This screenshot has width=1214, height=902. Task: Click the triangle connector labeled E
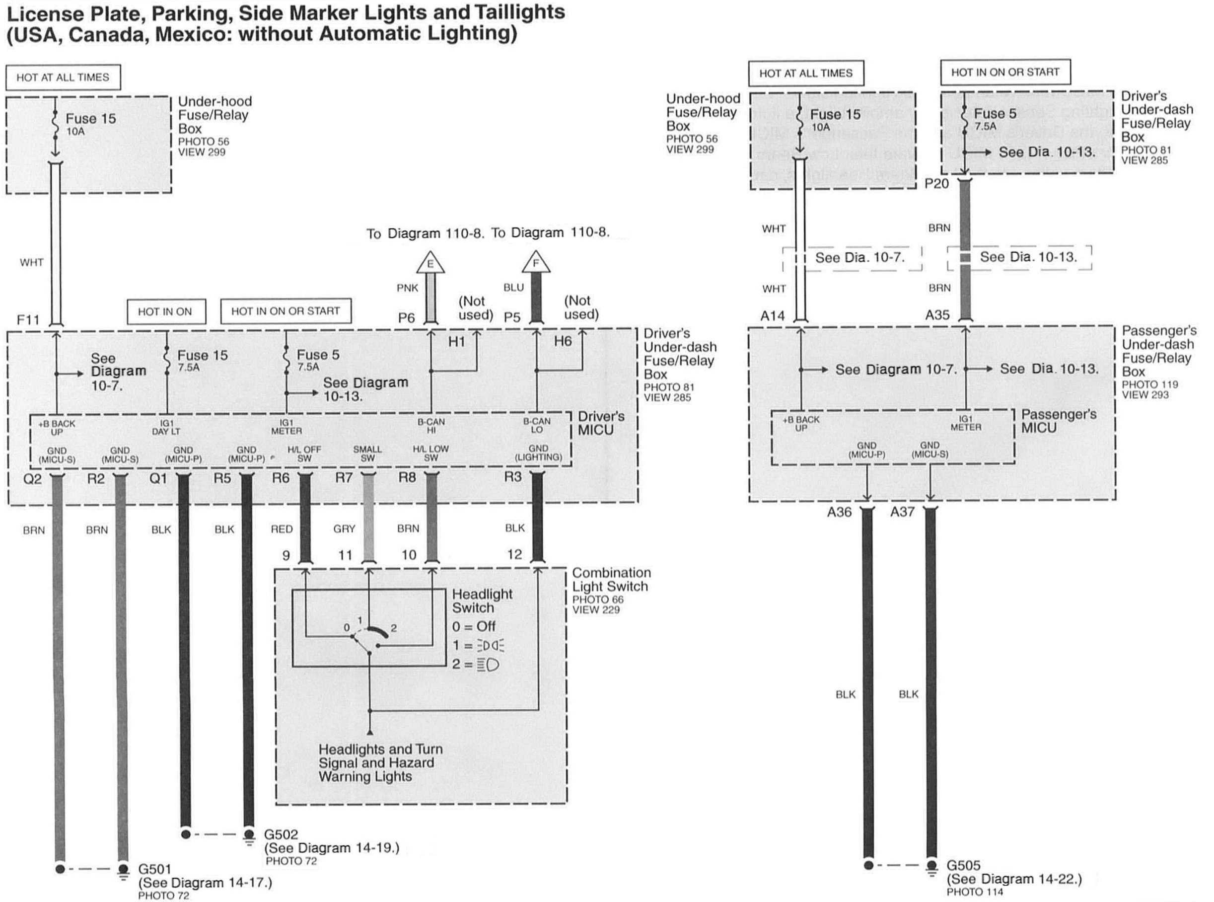430,264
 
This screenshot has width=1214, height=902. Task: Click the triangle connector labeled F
535,263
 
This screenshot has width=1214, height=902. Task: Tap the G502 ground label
281,834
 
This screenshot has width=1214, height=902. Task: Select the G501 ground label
155,869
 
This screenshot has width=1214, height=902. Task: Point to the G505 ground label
963,865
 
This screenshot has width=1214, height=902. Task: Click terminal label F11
28,319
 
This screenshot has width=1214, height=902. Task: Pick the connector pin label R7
344,478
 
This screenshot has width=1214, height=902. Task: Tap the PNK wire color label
407,288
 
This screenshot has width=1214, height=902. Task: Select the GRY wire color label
344,528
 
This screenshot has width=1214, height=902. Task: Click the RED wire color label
282,528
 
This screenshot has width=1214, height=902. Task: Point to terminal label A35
937,315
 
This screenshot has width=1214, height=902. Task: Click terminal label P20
937,183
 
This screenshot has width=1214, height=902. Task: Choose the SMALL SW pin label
367,453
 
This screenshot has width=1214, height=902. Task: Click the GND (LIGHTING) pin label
538,452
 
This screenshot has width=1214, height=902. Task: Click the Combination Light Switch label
611,579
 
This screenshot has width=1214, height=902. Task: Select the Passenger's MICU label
1058,421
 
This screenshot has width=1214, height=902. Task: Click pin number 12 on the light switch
514,554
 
